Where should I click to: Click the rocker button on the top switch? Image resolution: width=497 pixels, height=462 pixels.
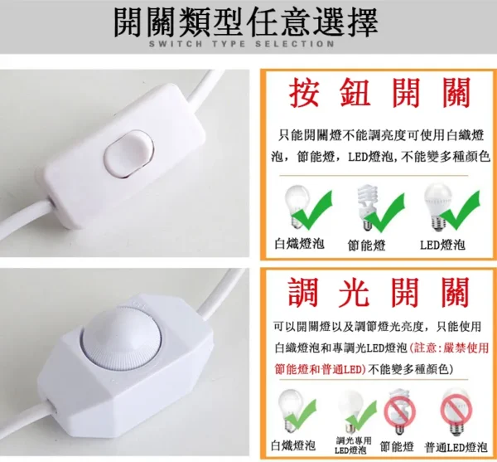[128, 153]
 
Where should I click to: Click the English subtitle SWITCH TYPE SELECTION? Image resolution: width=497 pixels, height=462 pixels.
[242, 44]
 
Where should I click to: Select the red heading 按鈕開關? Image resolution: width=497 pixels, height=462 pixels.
[379, 92]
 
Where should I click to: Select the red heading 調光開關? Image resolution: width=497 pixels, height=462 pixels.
[379, 292]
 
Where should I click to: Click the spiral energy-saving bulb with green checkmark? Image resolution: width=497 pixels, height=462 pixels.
[380, 208]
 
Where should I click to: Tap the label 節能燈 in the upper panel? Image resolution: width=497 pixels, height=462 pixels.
[366, 246]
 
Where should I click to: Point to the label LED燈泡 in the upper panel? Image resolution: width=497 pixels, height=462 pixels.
[442, 245]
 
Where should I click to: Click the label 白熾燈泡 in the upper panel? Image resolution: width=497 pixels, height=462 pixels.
[300, 244]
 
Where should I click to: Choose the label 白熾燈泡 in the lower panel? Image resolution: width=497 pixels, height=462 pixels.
[293, 445]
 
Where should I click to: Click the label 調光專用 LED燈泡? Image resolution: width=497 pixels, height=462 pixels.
[352, 445]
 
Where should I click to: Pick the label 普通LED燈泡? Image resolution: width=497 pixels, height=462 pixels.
[456, 447]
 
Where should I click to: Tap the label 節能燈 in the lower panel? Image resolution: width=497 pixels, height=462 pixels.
[397, 447]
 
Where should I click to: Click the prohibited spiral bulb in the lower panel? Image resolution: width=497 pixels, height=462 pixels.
[399, 412]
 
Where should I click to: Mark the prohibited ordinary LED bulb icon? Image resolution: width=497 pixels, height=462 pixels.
[456, 411]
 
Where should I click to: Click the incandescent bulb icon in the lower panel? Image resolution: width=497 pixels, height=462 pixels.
[296, 411]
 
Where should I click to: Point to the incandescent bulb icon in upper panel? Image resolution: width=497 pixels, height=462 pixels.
[307, 207]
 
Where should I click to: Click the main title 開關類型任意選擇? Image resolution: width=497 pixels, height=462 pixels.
[246, 22]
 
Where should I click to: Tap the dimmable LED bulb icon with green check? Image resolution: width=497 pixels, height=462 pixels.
[357, 411]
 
